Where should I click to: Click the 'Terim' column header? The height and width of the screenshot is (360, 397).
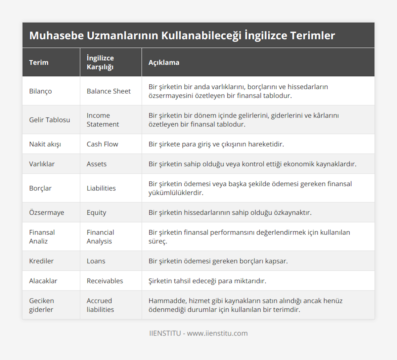pyautogui.click(x=39, y=63)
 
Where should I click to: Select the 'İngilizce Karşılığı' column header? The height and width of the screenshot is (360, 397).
pyautogui.click(x=100, y=63)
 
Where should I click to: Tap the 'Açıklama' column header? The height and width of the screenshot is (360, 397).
pyautogui.click(x=164, y=63)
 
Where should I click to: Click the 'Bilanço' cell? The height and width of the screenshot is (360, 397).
pyautogui.click(x=40, y=91)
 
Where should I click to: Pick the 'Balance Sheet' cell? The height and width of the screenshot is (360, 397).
pyautogui.click(x=109, y=91)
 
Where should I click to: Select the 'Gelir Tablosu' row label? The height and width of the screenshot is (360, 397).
pyautogui.click(x=50, y=120)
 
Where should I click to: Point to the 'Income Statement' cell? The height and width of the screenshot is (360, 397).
pyautogui.click(x=103, y=120)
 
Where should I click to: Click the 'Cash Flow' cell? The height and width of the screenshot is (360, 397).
pyautogui.click(x=102, y=144)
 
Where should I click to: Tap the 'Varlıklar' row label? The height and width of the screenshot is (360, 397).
pyautogui.click(x=42, y=164)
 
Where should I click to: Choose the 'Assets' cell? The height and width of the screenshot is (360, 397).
pyautogui.click(x=97, y=164)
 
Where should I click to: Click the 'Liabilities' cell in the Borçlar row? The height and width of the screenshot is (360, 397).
pyautogui.click(x=101, y=188)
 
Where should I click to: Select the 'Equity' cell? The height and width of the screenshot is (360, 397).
pyautogui.click(x=96, y=212)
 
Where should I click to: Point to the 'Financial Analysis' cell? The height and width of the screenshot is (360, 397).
pyautogui.click(x=100, y=237)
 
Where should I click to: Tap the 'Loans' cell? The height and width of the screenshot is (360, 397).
pyautogui.click(x=96, y=261)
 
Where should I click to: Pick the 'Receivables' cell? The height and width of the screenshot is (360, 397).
pyautogui.click(x=105, y=281)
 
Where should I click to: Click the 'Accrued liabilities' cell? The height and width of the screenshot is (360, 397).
pyautogui.click(x=100, y=305)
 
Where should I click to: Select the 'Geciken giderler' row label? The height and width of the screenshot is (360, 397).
pyautogui.click(x=41, y=305)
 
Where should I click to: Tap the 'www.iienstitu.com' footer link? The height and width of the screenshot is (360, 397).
pyautogui.click(x=217, y=333)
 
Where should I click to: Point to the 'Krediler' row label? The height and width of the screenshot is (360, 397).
pyautogui.click(x=41, y=261)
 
